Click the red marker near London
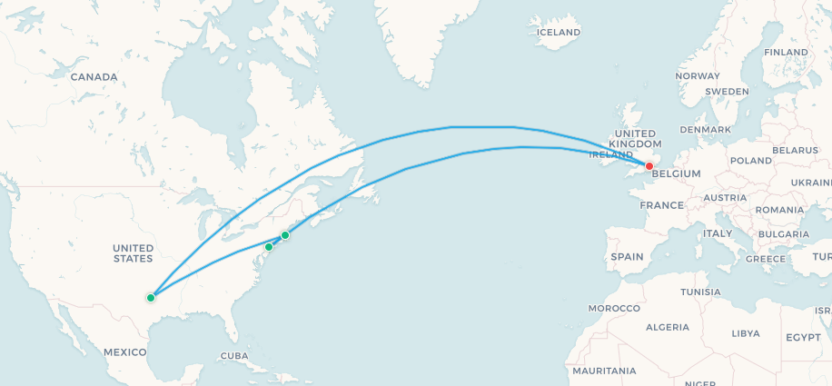(649, 166)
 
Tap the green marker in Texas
(151, 297)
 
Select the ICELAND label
(559, 33)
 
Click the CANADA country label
(94, 77)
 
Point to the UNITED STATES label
(133, 253)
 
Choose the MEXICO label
(124, 351)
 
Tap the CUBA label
(233, 355)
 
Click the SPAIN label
(627, 257)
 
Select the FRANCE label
(660, 205)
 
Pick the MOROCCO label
(613, 308)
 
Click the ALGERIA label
(668, 327)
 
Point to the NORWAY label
(698, 76)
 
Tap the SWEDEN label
(727, 92)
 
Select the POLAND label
(749, 160)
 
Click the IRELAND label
(610, 154)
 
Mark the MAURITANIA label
(604, 371)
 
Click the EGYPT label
(803, 337)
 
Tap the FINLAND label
(786, 52)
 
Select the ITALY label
(718, 233)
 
